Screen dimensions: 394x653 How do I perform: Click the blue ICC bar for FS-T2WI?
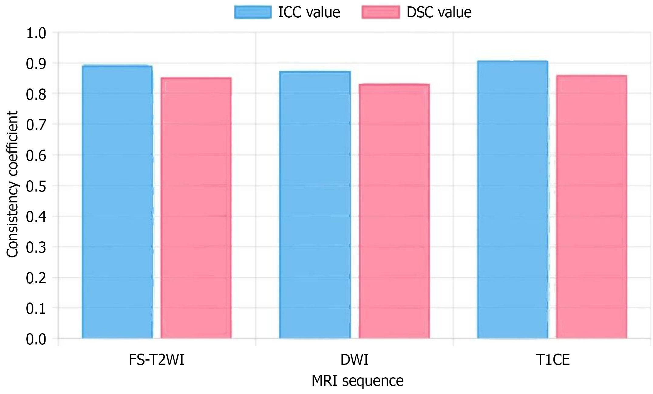[x=117, y=202]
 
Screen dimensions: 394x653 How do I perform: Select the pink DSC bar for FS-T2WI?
[x=196, y=208]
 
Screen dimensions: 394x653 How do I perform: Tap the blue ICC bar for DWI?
[x=315, y=205]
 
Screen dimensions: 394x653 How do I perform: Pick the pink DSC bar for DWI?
[x=394, y=211]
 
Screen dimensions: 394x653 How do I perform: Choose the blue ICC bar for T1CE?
[x=512, y=200]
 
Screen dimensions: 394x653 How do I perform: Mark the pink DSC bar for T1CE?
[x=591, y=207]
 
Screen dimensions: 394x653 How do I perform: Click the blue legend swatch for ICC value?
[x=253, y=12]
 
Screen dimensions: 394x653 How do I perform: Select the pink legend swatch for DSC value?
[x=380, y=12]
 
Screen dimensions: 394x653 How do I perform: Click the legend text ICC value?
[x=309, y=12]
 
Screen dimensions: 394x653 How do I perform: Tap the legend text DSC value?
[x=439, y=12]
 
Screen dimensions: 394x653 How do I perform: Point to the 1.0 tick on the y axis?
[x=36, y=33]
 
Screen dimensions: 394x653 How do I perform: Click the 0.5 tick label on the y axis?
[x=36, y=186]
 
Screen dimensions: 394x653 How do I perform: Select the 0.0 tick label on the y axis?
[x=36, y=339]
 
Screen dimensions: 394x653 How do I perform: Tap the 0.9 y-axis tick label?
[x=36, y=64]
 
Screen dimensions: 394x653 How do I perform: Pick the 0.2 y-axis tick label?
[x=36, y=278]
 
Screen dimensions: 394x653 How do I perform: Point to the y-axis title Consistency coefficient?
[x=12, y=184]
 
